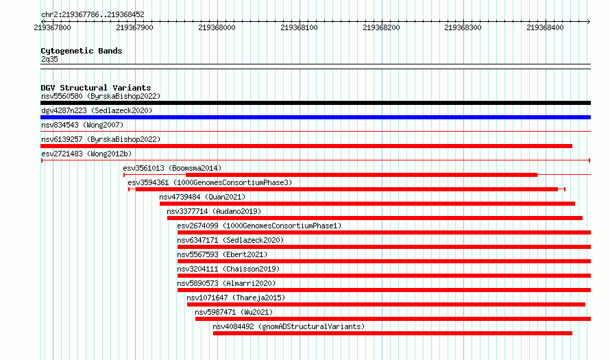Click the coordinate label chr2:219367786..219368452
click(93, 15)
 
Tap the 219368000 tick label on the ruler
click(217, 27)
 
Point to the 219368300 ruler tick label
click(463, 27)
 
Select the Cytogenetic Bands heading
click(82, 51)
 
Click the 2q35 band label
click(49, 59)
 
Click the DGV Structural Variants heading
click(96, 88)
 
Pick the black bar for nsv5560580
click(315, 103)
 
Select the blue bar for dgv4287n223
click(315, 117)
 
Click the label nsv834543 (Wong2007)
click(82, 125)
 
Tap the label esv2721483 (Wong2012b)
click(86, 154)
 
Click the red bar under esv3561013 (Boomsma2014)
click(361, 175)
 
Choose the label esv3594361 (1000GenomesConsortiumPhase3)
click(210, 182)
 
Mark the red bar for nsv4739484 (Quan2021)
click(367, 204)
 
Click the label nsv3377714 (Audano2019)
click(214, 211)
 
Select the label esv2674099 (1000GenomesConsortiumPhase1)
click(259, 226)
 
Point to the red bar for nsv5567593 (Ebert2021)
click(384, 261)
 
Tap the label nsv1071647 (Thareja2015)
click(236, 298)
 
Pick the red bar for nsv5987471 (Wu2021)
click(393, 319)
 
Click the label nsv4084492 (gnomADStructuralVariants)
click(289, 326)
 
